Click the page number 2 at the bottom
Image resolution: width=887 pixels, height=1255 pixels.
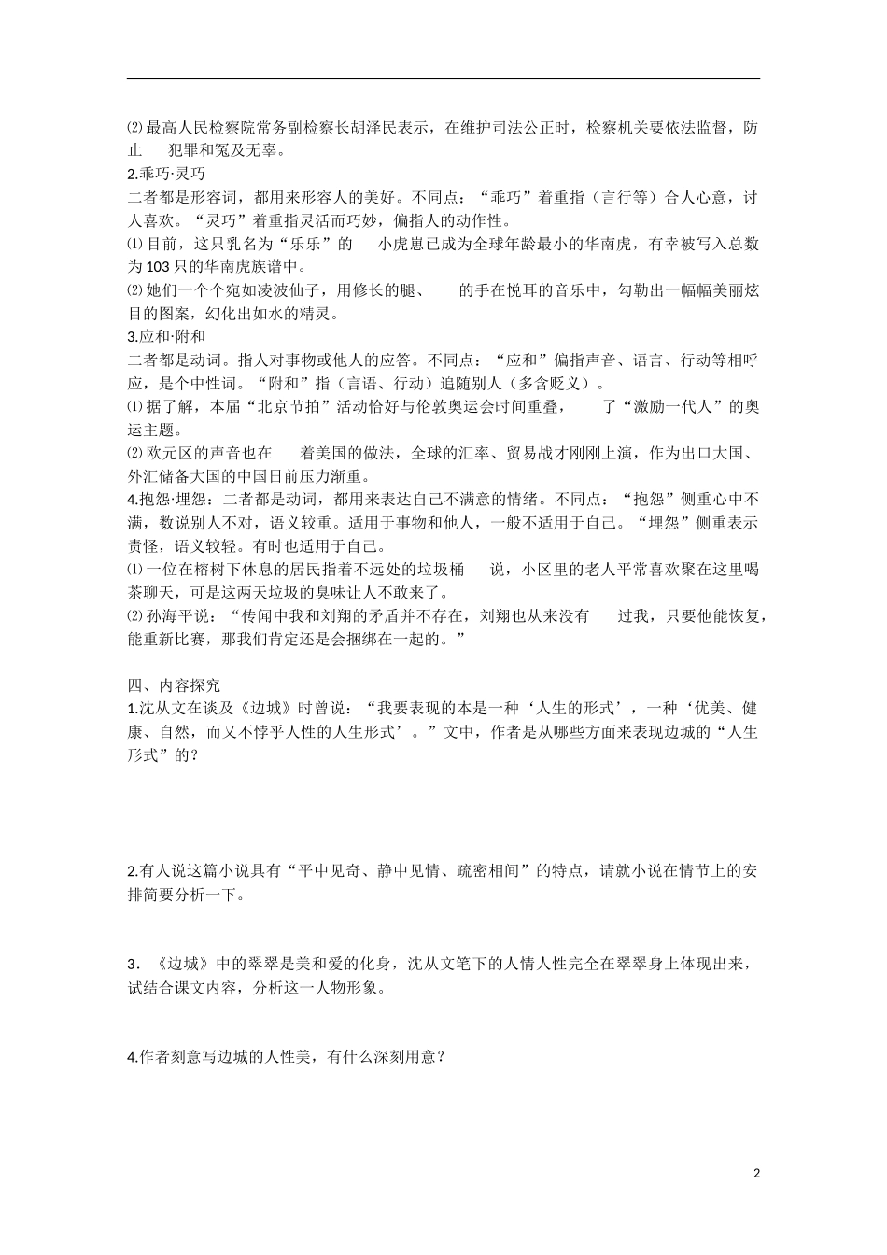pos(756,1173)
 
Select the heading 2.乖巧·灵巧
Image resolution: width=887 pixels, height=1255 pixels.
pos(166,174)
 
